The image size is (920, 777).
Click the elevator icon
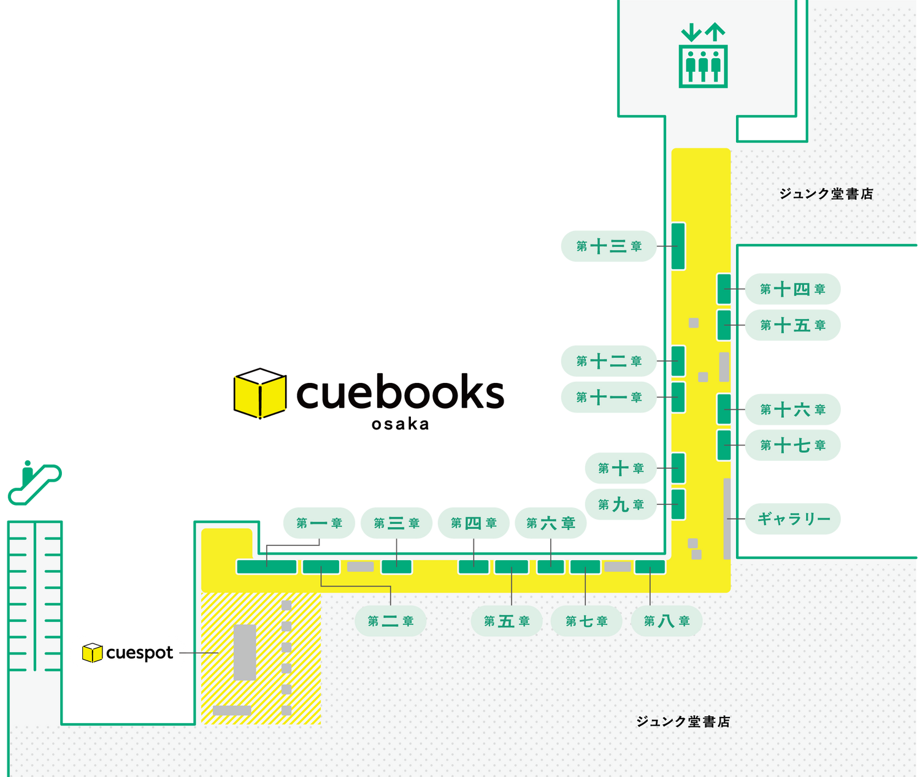[703, 56]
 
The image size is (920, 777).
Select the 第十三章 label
[608, 246]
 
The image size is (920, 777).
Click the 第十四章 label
[792, 289]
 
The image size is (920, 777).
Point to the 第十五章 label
[792, 325]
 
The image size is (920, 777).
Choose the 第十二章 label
[608, 361]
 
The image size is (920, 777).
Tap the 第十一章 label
[608, 397]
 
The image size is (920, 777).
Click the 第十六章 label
[792, 409]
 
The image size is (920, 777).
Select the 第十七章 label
[792, 445]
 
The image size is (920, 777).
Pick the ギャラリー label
[792, 519]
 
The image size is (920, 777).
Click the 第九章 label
[621, 504]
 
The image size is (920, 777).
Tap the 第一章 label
[319, 523]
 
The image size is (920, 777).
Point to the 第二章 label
[391, 621]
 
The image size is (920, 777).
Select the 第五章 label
[507, 621]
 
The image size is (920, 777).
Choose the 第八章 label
[667, 621]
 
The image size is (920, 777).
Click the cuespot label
[128, 653]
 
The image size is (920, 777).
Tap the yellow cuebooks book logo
[259, 393]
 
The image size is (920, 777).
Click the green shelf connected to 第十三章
[678, 246]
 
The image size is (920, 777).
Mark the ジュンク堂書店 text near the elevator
[826, 194]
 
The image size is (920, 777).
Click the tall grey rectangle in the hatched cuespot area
[245, 652]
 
